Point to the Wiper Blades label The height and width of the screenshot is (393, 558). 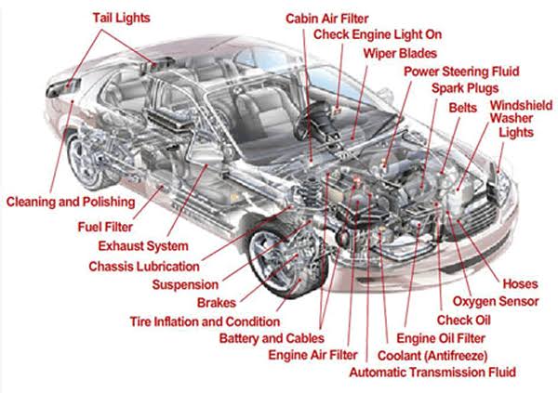pyautogui.click(x=400, y=53)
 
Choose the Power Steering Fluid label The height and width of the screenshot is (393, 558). pyautogui.click(x=460, y=71)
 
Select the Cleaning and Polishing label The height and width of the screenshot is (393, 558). pyautogui.click(x=70, y=201)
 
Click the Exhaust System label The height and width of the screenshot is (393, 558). pyautogui.click(x=143, y=245)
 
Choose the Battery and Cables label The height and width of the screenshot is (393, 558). pyautogui.click(x=272, y=338)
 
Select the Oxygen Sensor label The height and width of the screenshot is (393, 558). pyautogui.click(x=495, y=302)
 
